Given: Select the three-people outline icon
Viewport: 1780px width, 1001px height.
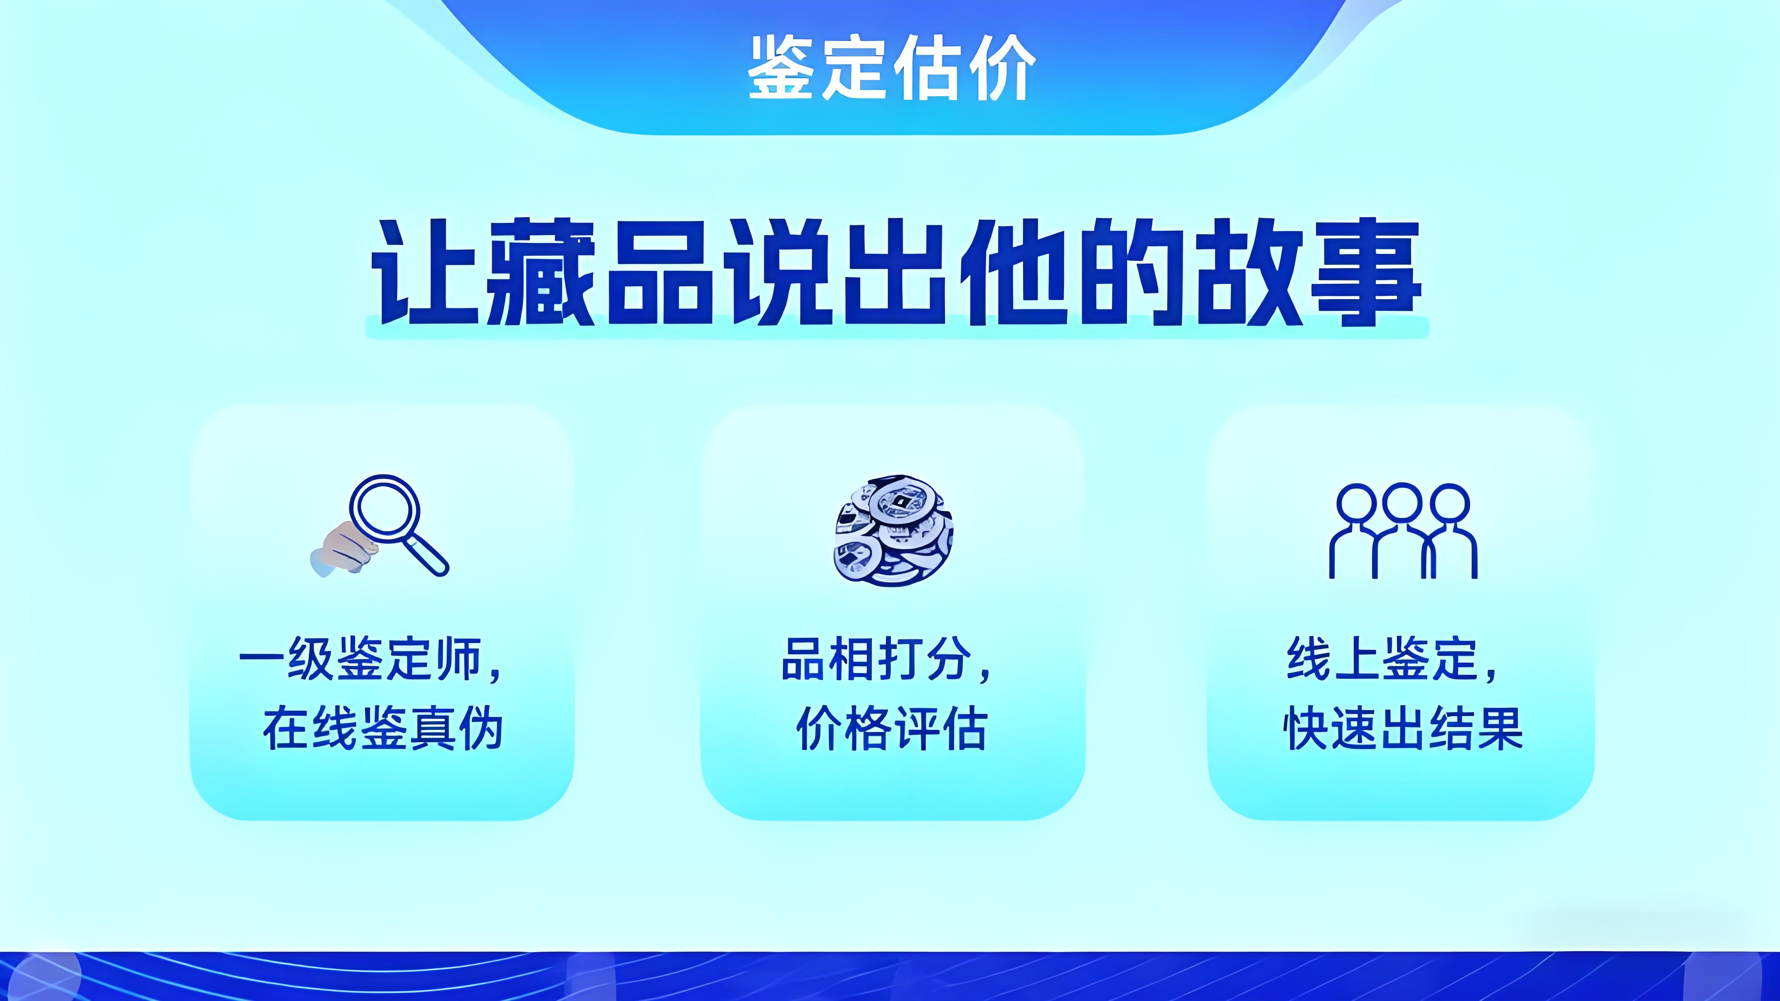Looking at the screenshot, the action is pyautogui.click(x=1403, y=530).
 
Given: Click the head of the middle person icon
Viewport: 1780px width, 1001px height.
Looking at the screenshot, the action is pyautogui.click(x=1403, y=503).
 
